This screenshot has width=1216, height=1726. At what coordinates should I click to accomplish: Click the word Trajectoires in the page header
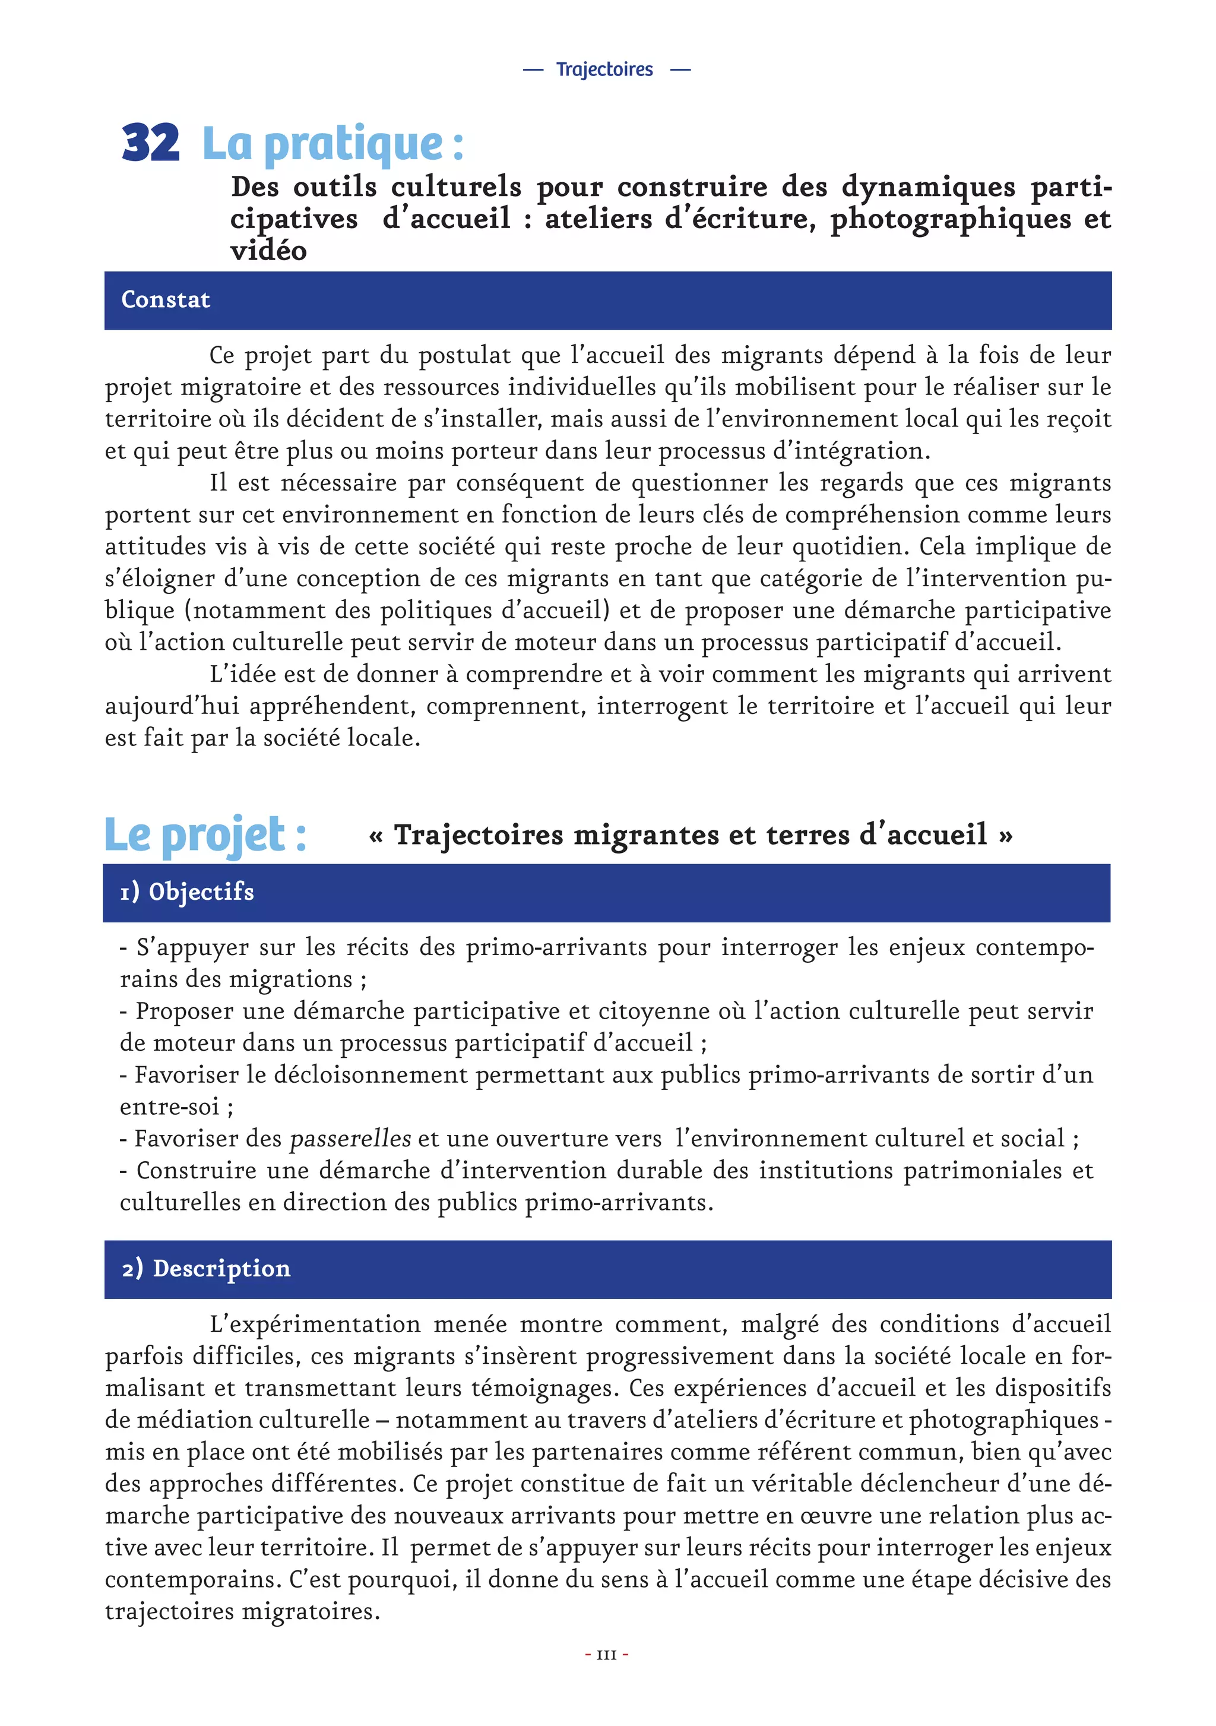point(604,69)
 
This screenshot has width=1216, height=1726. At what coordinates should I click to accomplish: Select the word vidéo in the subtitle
point(268,250)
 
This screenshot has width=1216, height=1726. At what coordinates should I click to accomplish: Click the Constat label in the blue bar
point(165,299)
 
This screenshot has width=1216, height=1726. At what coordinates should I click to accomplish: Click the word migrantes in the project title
point(643,834)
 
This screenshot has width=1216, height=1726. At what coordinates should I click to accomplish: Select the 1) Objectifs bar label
point(186,892)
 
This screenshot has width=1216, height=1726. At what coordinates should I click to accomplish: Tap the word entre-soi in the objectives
point(169,1107)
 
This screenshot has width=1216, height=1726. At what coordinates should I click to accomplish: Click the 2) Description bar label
point(206,1268)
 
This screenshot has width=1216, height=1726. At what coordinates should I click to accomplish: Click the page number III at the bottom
point(606,1655)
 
